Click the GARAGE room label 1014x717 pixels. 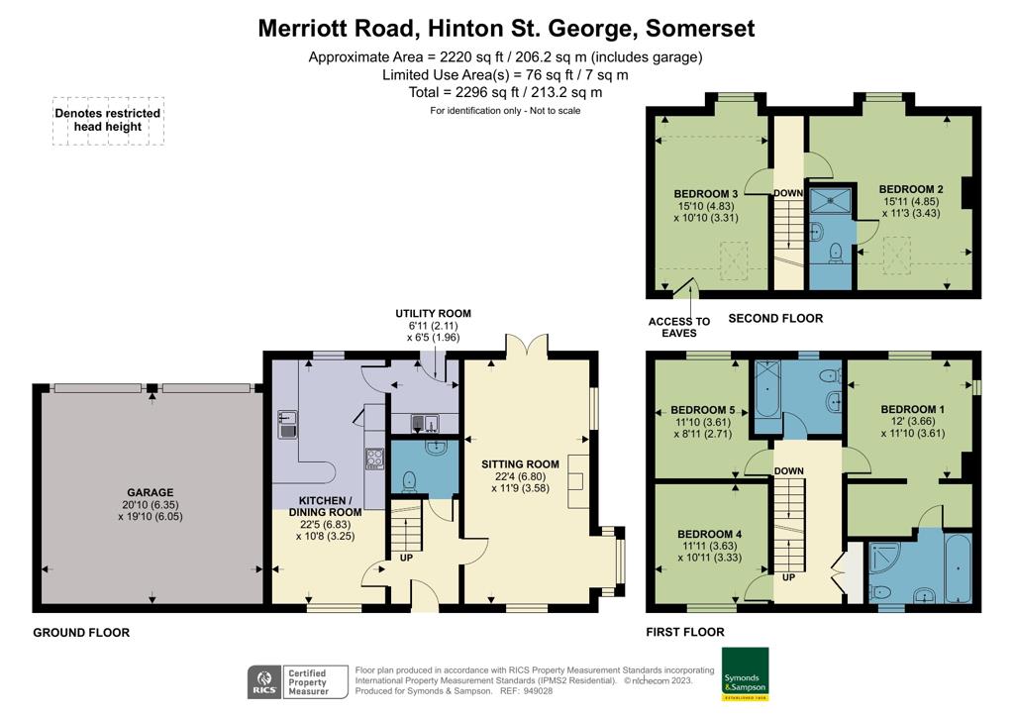click(151, 492)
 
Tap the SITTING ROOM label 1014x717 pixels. click(520, 464)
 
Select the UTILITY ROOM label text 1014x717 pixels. click(434, 314)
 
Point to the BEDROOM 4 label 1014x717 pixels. click(709, 534)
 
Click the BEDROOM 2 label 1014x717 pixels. click(911, 189)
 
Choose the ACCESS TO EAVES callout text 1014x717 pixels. click(679, 327)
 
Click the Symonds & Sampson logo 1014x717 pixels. click(745, 673)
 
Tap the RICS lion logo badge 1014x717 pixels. click(265, 682)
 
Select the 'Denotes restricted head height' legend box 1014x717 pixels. click(108, 121)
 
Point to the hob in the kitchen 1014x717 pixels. click(375, 459)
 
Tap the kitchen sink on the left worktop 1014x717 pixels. click(287, 424)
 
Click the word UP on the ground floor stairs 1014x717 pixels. click(406, 558)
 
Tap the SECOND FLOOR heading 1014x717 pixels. click(775, 318)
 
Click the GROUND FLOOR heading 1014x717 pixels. click(81, 632)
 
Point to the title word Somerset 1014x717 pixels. click(700, 29)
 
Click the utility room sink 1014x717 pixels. click(425, 424)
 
